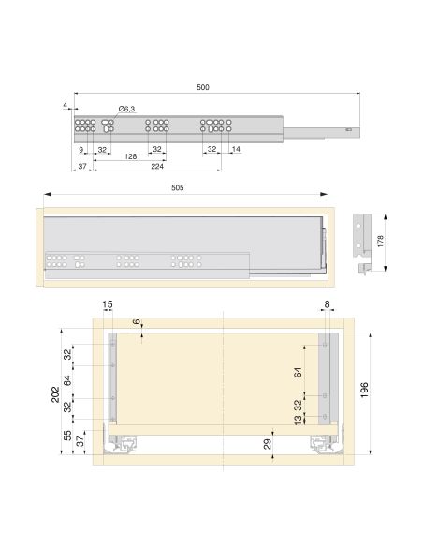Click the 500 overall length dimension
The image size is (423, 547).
point(203,87)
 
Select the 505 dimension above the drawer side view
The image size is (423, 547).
point(178,187)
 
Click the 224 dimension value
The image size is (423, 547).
point(157,166)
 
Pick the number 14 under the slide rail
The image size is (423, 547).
point(234,150)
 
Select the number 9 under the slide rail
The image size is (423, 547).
point(82,150)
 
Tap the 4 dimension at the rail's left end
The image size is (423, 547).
point(65,105)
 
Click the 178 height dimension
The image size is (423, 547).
point(380,240)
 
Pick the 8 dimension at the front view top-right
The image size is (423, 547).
point(325,304)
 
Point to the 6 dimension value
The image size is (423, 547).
point(138,323)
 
